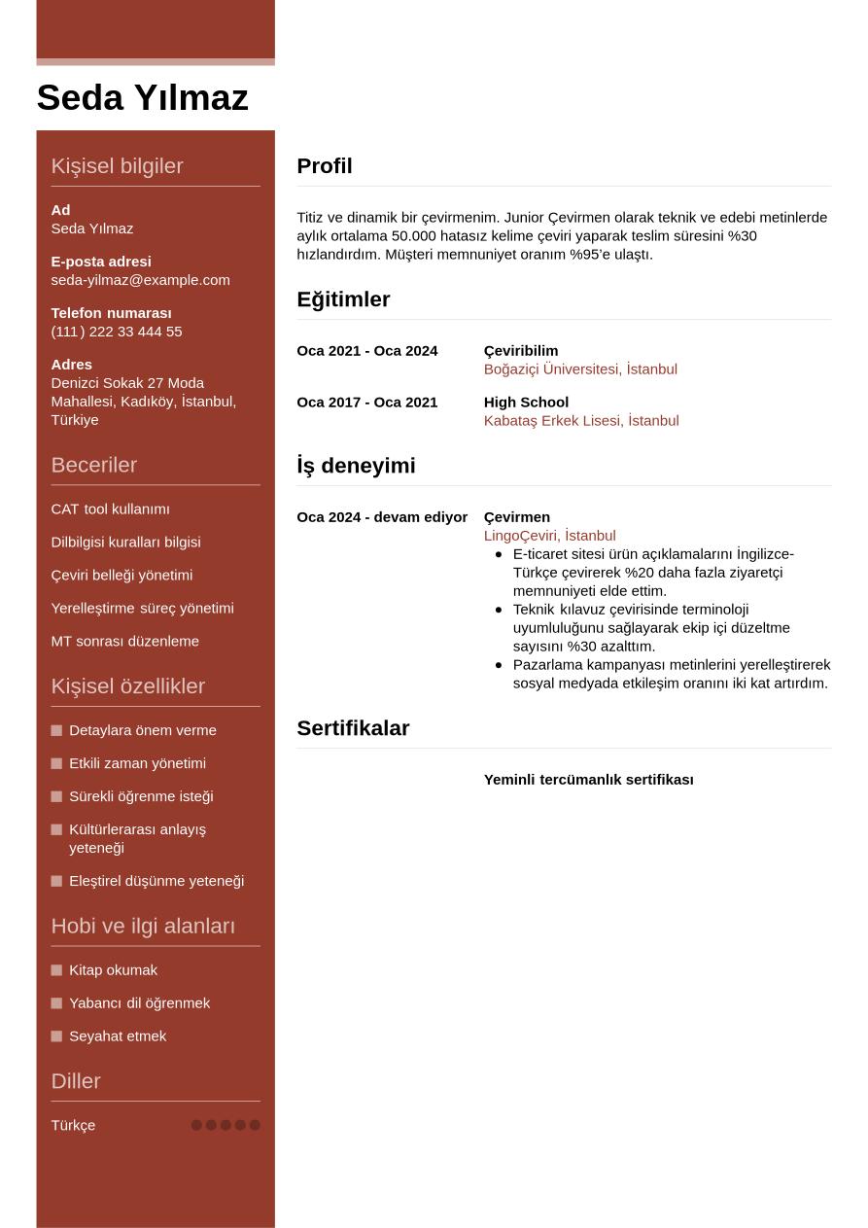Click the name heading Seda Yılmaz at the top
(142, 98)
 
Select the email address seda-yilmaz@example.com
(140, 280)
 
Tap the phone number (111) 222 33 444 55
(117, 332)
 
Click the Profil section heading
(325, 166)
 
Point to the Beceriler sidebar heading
(93, 465)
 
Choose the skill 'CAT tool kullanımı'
(110, 509)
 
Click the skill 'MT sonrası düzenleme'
(124, 642)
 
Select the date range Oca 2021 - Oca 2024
(366, 351)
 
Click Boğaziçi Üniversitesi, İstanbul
(580, 369)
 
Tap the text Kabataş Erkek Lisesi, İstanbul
(581, 421)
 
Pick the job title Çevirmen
(516, 517)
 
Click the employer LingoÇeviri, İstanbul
(549, 536)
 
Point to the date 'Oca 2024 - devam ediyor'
(382, 517)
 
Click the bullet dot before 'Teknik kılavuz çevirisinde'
(499, 610)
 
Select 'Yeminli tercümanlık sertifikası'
(588, 780)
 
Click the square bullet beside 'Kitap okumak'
(56, 970)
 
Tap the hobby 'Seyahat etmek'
(118, 1036)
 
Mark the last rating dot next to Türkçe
(255, 1125)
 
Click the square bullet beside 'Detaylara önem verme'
(56, 730)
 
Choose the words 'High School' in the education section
(526, 403)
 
